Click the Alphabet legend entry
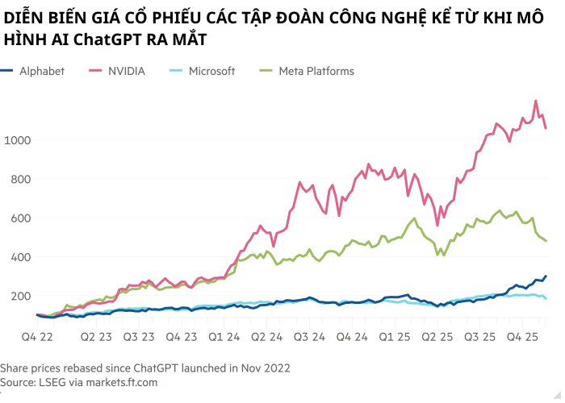[x=41, y=71]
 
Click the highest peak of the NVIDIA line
[x=536, y=101]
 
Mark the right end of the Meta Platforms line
[x=546, y=241]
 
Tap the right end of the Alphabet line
[x=546, y=276]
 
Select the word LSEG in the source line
[x=56, y=381]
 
